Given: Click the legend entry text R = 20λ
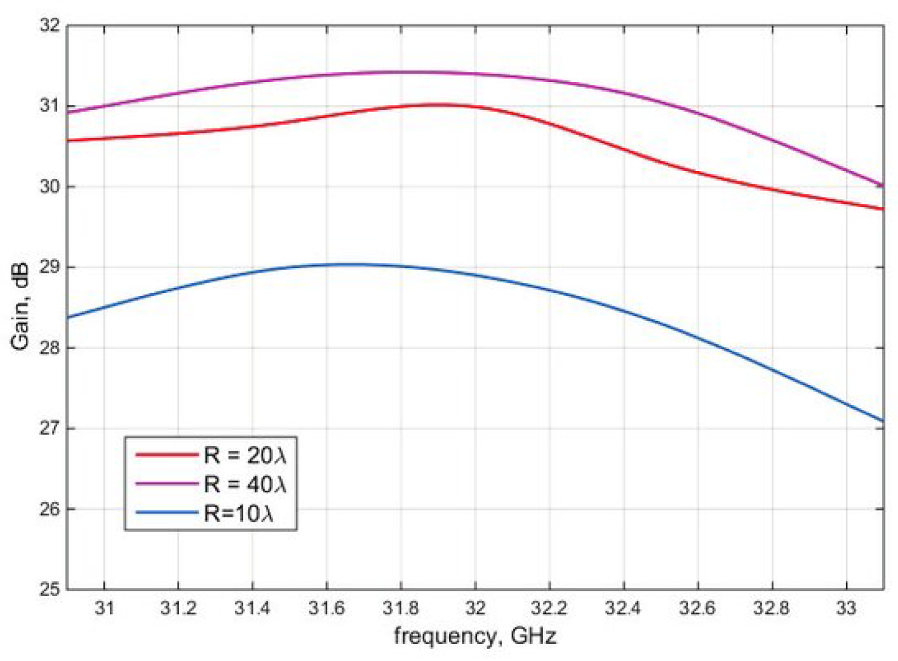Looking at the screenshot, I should [245, 455].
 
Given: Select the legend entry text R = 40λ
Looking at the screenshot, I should [245, 484].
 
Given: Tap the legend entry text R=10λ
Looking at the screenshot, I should [239, 513].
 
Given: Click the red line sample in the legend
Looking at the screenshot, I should [167, 455].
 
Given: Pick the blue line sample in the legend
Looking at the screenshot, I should [167, 513].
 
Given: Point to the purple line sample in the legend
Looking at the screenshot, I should [167, 484].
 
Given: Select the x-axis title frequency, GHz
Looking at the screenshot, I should [475, 636].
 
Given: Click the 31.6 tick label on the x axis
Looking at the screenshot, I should [326, 608].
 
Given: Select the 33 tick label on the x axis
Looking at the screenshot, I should [846, 608].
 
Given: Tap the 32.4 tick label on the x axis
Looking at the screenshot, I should [623, 608].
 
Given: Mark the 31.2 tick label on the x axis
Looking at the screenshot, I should [178, 608].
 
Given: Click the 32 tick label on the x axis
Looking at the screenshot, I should [475, 608].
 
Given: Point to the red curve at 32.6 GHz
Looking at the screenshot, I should [697, 173].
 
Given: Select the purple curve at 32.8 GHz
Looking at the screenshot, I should [772, 141].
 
